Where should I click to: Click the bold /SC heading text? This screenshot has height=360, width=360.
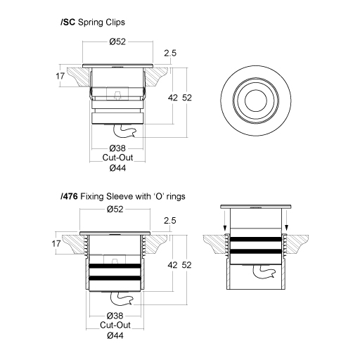coord(69,22)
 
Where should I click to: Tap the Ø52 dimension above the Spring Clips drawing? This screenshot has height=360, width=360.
coord(117,42)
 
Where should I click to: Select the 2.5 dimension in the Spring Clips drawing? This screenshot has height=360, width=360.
coord(169,53)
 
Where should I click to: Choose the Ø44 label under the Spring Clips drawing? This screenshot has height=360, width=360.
coord(117,169)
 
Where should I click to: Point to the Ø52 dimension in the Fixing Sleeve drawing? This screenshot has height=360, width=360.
coord(117,210)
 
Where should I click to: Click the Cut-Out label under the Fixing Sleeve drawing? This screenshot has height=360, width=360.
coord(117,326)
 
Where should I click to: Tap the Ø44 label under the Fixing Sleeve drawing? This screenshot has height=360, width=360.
coord(117,336)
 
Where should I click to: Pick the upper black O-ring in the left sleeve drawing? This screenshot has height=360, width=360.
coord(117,266)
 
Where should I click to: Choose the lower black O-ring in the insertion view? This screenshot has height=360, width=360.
coord(255,250)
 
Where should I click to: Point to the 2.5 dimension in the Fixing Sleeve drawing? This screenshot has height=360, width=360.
coord(169,221)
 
